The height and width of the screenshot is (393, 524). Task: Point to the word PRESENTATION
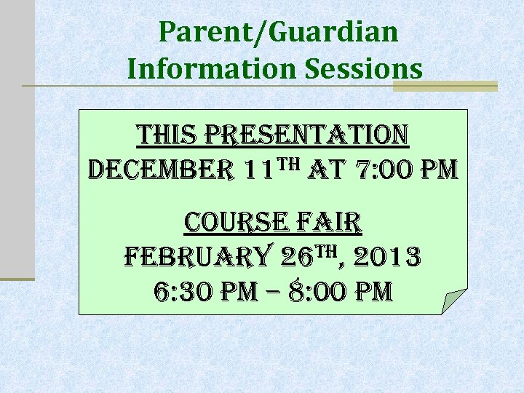(x=308, y=135)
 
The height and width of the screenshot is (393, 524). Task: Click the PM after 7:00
(x=437, y=170)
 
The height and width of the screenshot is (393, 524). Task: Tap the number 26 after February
(x=297, y=256)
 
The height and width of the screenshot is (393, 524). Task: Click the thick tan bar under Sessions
(x=445, y=86)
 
